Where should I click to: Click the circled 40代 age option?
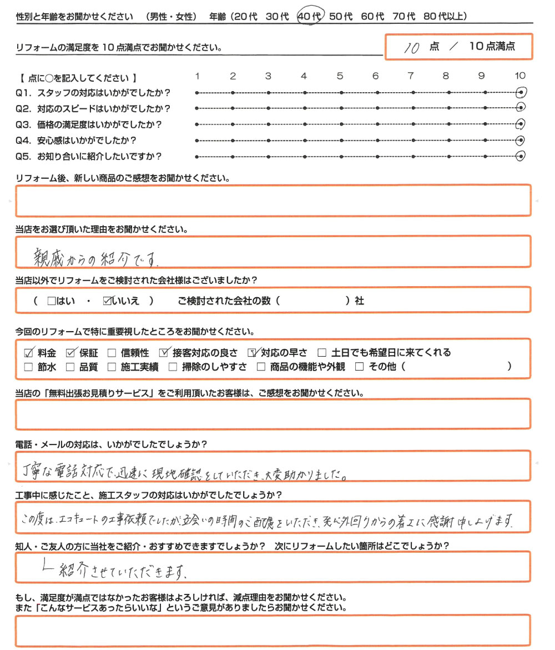[x=309, y=17]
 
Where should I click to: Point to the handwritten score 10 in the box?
[x=411, y=48]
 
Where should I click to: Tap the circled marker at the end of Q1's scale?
[x=521, y=92]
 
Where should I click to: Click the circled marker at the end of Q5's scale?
[x=521, y=156]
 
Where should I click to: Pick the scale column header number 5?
[x=340, y=76]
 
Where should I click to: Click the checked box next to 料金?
[x=29, y=352]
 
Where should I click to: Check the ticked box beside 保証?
[x=70, y=352]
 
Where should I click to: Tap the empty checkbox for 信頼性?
[x=112, y=353]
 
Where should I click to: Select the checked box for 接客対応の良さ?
[x=163, y=352]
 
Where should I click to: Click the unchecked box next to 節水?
[x=29, y=367]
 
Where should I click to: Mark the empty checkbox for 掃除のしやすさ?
[x=173, y=367]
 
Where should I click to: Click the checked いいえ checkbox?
[x=107, y=301]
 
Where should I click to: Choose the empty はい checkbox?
[x=52, y=301]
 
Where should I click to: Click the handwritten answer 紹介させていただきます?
[x=117, y=571]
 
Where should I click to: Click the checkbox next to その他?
[x=359, y=367]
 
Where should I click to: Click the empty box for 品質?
[x=70, y=367]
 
